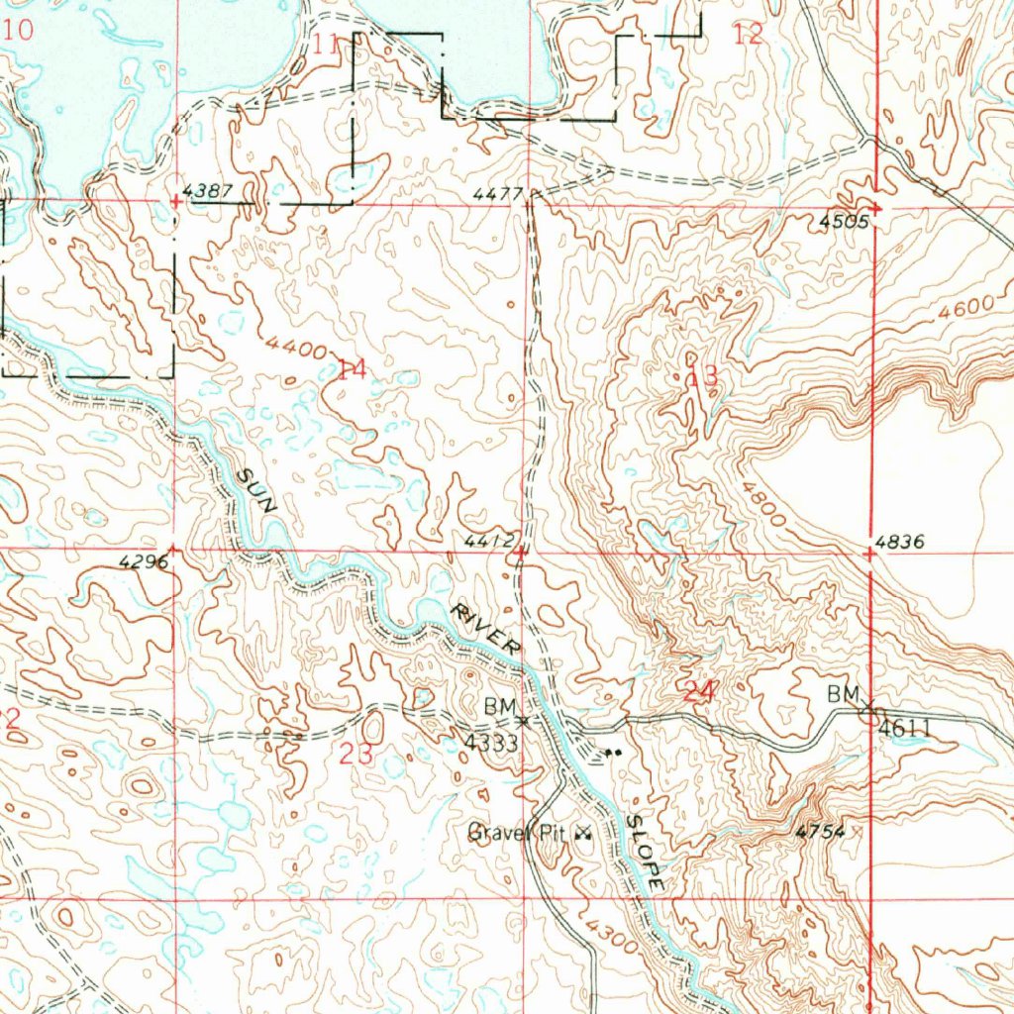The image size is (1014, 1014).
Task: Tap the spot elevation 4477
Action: (496, 193)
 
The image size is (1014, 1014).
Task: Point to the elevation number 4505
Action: (844, 223)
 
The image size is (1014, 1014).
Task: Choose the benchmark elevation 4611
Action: (904, 729)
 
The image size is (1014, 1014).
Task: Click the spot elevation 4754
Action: (821, 833)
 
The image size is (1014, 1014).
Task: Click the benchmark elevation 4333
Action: (492, 744)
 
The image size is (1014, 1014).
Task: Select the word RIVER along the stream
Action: (486, 628)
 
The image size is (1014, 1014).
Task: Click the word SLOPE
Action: (645, 852)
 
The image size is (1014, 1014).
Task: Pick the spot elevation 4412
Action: (489, 541)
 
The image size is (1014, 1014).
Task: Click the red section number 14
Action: (352, 370)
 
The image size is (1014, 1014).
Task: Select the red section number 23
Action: (356, 754)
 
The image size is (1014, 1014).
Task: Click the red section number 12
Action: (749, 35)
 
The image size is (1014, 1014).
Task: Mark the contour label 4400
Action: (297, 349)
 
